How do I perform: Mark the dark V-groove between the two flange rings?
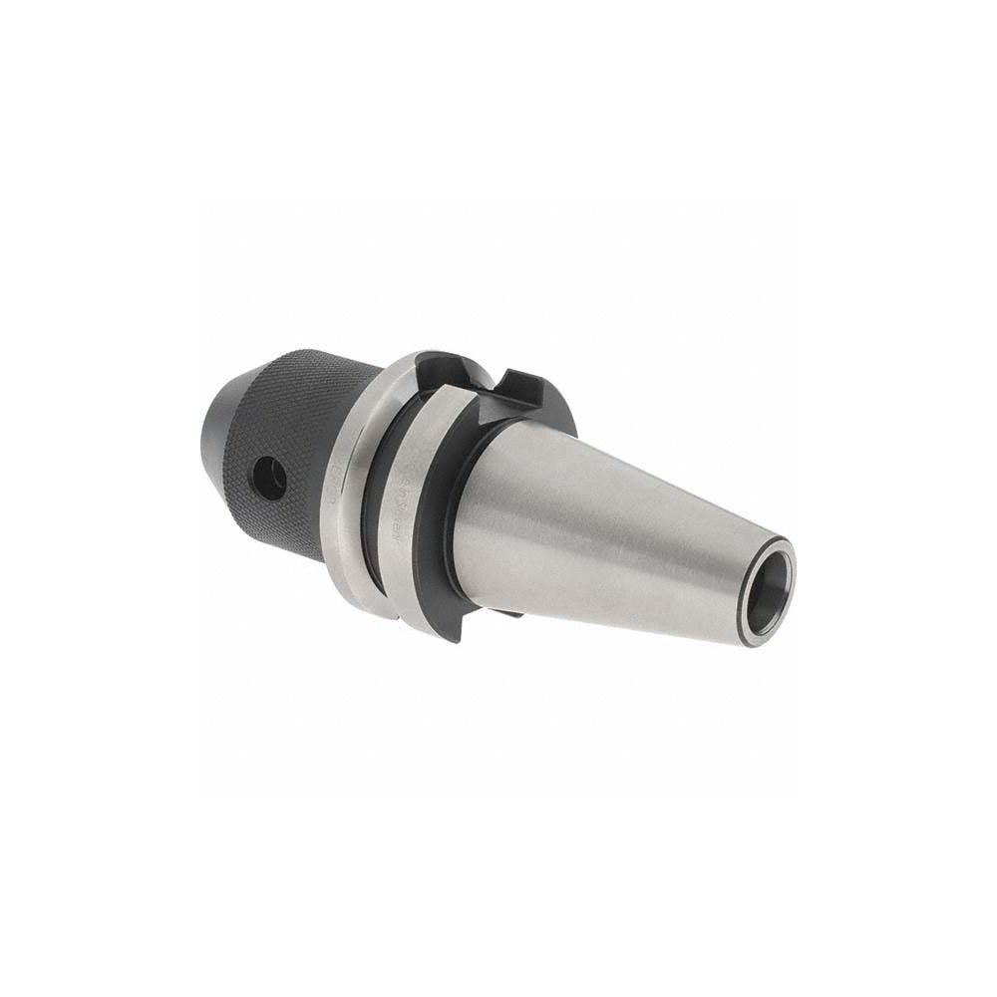(x=384, y=489)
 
